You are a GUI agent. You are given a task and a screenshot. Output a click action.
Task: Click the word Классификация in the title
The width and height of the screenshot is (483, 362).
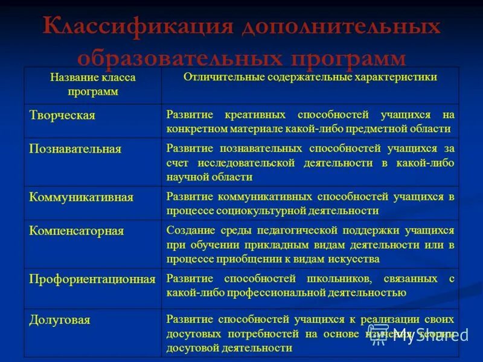point(138,28)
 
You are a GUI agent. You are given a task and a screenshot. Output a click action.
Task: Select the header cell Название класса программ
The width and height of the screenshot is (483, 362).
point(92,84)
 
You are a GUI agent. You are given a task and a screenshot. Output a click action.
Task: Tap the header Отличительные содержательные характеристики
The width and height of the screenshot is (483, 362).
point(310,77)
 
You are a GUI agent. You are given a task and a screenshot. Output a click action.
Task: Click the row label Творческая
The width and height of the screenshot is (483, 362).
point(62,115)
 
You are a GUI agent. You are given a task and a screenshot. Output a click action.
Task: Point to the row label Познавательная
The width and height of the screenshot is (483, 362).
point(75,149)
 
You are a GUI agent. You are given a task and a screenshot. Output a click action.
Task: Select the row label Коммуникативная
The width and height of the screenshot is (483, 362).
point(81,197)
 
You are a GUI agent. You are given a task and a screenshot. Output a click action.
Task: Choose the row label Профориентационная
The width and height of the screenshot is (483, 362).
point(92,279)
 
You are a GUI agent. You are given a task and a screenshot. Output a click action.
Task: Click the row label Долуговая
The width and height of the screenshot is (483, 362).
point(60,320)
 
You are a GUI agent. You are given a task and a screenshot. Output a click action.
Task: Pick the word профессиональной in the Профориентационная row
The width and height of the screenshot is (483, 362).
point(258,293)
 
